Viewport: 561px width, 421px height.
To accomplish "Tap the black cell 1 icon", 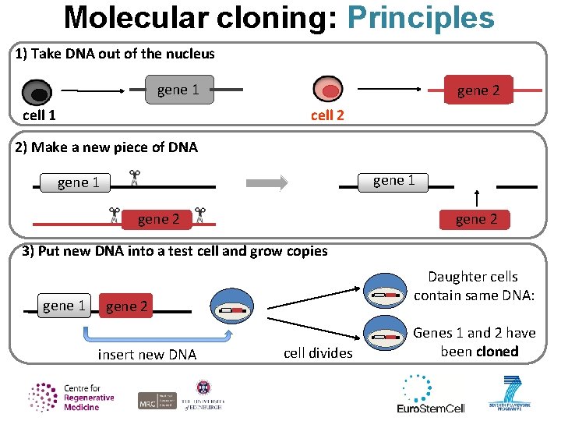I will tap(37, 94).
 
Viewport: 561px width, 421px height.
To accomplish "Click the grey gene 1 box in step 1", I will tap(178, 90).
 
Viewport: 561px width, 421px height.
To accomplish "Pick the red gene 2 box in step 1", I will tap(478, 90).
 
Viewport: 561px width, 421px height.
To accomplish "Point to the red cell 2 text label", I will tap(327, 115).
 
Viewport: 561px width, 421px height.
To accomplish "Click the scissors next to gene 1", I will tap(134, 179).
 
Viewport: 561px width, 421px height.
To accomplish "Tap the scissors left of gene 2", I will tap(115, 215).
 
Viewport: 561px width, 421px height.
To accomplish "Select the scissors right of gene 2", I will tap(200, 215).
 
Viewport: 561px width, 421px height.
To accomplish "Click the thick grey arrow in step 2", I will tap(266, 182).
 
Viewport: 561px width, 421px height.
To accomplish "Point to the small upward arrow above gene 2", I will tap(478, 198).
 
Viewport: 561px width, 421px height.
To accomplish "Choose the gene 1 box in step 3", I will tap(65, 306).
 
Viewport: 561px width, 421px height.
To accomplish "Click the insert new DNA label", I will tap(147, 355).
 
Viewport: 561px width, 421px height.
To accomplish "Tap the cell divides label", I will tap(318, 353).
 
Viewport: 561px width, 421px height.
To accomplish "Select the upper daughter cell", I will tap(386, 294).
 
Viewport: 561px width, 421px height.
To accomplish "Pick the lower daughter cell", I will tap(386, 336).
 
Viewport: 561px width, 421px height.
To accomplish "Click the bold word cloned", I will tap(497, 351).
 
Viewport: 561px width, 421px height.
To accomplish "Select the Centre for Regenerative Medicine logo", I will tap(71, 397).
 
